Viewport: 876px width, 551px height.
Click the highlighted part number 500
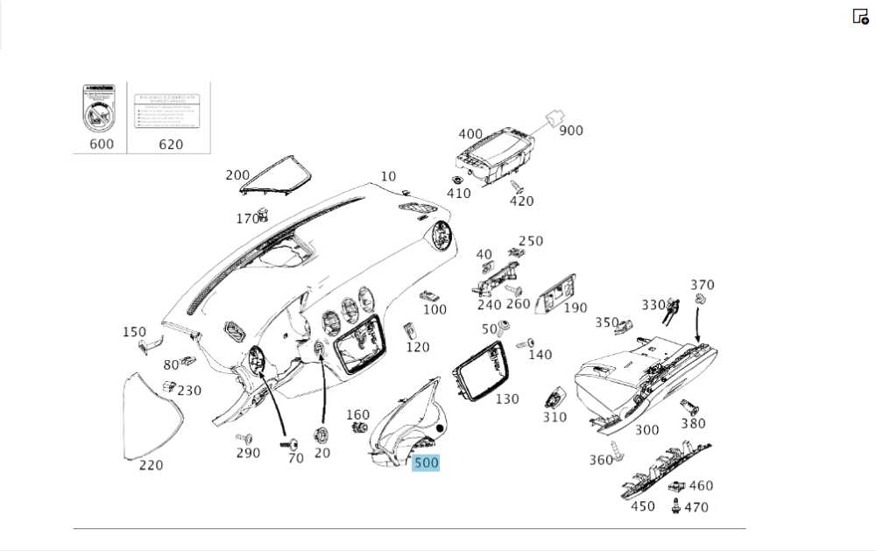[426, 463]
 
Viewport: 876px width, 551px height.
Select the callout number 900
[571, 131]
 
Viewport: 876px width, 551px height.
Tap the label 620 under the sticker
[171, 144]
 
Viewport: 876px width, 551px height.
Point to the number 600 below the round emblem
[102, 144]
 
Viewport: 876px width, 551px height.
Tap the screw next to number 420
[518, 187]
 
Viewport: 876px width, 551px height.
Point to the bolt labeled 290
[243, 437]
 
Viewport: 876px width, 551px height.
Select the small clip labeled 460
[675, 486]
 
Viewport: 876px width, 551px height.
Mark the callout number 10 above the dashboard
[388, 177]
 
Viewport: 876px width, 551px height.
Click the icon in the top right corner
[860, 17]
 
